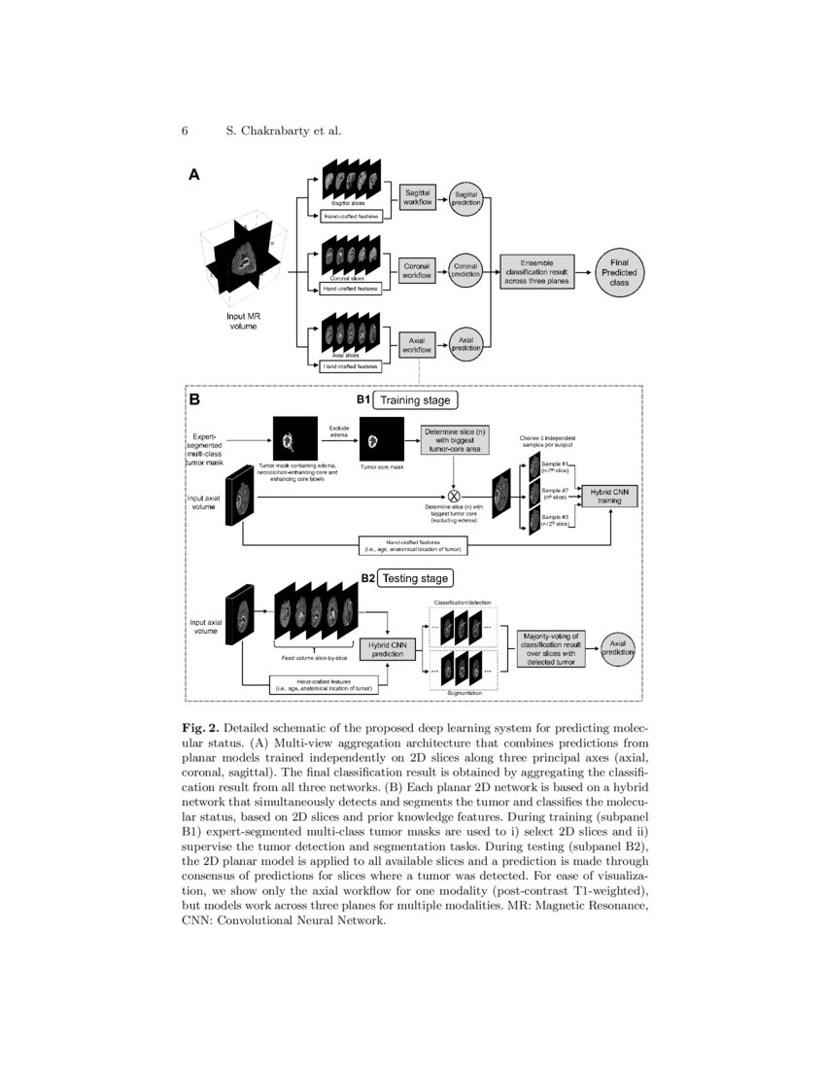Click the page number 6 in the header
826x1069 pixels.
tap(184, 131)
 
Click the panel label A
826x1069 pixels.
tap(193, 176)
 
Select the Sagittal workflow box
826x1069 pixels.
tap(419, 197)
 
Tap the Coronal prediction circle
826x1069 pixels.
tap(465, 270)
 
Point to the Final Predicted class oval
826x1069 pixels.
tap(619, 269)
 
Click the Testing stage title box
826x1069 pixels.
tap(414, 578)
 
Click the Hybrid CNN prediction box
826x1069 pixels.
tap(387, 648)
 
